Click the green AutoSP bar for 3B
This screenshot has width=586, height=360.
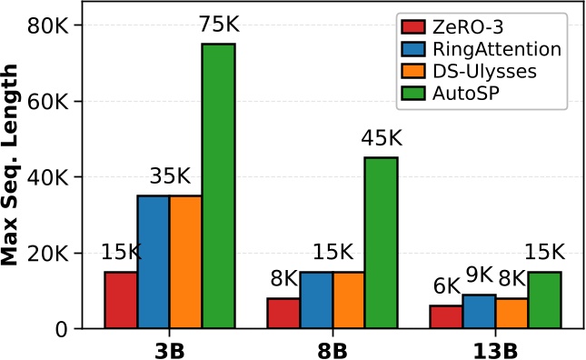point(219,186)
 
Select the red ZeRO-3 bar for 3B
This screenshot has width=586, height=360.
point(121,300)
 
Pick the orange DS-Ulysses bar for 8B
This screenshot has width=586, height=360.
point(349,300)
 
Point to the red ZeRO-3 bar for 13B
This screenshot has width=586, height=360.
point(447,317)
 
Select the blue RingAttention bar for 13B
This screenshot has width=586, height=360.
point(480,312)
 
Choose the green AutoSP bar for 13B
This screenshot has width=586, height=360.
point(545,300)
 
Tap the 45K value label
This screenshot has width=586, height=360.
point(382,139)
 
